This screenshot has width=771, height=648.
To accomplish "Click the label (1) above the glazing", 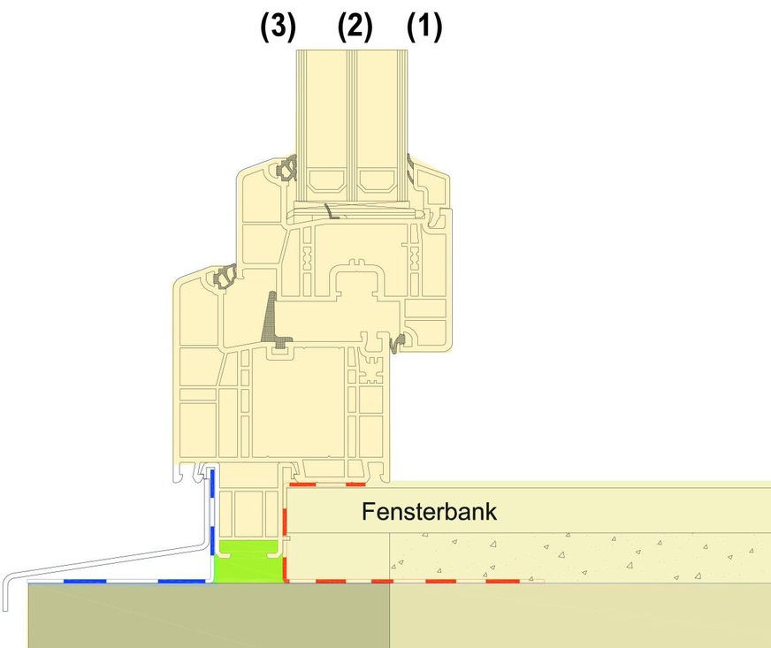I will (x=424, y=27).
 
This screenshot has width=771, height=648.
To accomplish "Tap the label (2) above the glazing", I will (x=355, y=27).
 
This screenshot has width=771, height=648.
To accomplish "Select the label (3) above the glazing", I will (x=278, y=27).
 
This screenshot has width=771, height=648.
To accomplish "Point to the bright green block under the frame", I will (x=250, y=560).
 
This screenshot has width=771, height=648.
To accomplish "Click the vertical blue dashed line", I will (x=212, y=522).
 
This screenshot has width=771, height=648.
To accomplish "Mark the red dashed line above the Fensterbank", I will (x=327, y=484).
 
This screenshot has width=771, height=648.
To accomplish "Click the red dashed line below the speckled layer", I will (x=416, y=582).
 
